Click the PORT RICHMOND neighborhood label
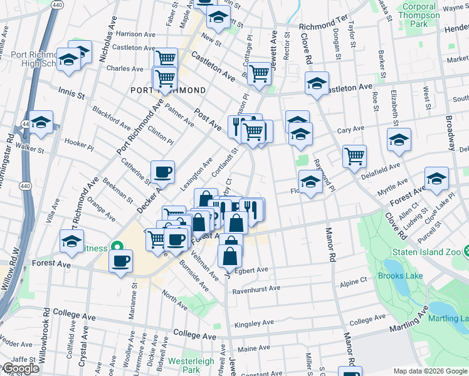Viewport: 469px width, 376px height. [167, 90]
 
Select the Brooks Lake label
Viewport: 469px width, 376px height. [400, 276]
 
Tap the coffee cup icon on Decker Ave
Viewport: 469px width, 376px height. [162, 172]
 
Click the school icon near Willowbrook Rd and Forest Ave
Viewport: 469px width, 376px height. [72, 241]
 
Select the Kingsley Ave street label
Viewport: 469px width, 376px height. [254, 323]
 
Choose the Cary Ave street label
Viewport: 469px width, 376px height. [350, 130]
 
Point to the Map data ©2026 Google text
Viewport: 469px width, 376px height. [431, 371]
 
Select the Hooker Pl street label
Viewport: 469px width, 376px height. [78, 144]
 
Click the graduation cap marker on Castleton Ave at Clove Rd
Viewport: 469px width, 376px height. [317, 83]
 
